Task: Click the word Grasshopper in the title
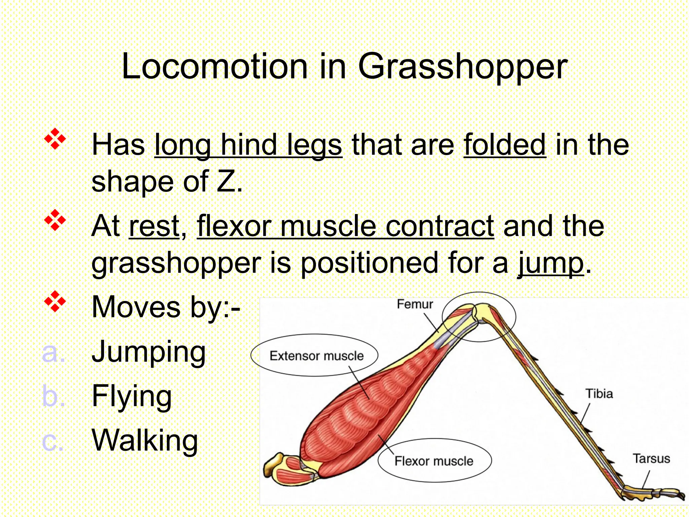[463, 67]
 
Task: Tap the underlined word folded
[505, 145]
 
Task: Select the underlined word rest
[154, 227]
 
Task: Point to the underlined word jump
[551, 264]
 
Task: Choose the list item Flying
[132, 396]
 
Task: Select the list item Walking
[145, 441]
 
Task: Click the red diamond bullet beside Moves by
[55, 302]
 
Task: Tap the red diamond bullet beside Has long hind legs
[55, 139]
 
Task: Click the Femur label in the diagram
[414, 304]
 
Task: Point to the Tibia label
[599, 393]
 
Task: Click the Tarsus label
[651, 458]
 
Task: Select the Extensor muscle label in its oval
[316, 356]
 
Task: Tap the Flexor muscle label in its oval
[434, 461]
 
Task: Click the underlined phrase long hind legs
[248, 145]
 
